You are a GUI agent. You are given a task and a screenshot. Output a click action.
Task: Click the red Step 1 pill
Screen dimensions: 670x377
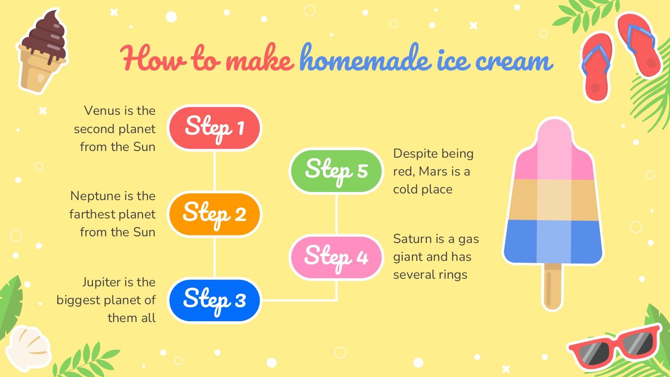214,128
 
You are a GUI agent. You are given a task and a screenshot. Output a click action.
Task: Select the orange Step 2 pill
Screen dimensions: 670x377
214,214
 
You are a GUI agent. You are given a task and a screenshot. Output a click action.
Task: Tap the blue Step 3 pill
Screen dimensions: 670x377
214,301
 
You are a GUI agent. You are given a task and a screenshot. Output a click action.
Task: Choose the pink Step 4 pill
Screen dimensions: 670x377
336,257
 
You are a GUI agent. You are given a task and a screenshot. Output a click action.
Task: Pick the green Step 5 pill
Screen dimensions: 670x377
336,171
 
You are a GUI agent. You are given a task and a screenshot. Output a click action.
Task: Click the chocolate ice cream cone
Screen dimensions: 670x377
42,51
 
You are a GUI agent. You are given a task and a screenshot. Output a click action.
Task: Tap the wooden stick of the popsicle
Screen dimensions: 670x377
552,287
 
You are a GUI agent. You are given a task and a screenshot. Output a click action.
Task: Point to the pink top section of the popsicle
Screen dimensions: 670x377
554,150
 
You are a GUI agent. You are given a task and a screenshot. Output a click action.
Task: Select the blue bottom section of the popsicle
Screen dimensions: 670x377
553,242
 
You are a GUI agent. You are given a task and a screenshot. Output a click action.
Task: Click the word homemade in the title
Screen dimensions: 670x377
365,59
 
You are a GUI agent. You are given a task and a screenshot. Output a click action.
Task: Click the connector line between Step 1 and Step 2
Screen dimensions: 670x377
214,171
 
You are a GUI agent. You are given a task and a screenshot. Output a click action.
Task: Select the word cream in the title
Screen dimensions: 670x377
514,61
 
